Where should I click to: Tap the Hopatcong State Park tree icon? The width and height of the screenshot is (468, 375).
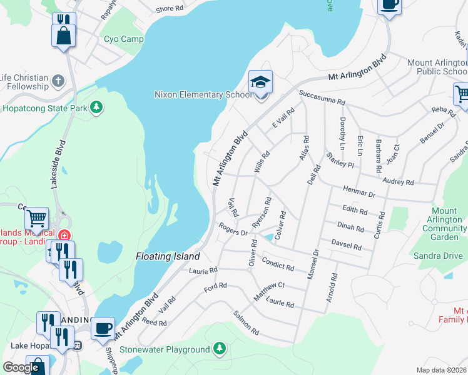click(96, 108)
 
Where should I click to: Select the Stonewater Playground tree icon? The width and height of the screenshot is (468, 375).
click(219, 348)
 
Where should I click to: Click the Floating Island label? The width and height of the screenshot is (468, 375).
click(168, 257)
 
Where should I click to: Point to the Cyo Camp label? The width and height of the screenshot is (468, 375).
click(124, 39)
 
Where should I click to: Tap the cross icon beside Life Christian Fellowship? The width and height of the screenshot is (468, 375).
click(58, 81)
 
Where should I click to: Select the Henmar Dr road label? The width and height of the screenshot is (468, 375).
click(359, 191)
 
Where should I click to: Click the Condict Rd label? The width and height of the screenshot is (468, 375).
click(278, 263)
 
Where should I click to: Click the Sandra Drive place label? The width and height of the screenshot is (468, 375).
click(437, 256)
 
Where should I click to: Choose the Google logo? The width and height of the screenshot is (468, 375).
click(21, 367)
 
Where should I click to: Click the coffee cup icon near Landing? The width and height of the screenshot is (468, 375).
click(103, 327)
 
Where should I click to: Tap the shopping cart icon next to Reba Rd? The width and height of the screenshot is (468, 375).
click(462, 95)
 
